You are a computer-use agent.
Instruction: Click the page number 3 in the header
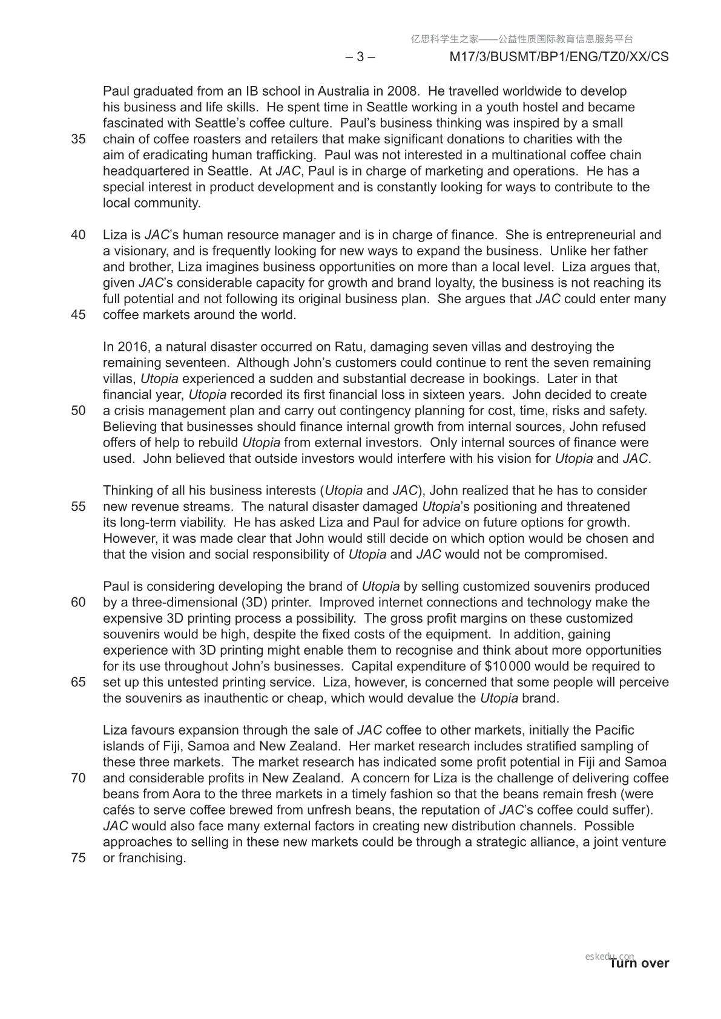pos(360,57)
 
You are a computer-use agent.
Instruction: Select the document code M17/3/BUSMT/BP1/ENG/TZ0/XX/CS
pos(559,57)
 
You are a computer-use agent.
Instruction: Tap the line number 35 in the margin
pos(78,139)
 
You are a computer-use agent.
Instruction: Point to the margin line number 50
pos(78,411)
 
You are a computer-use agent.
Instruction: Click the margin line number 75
pos(78,858)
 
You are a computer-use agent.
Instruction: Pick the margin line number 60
pos(78,603)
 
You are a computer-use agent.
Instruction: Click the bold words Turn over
pos(639,963)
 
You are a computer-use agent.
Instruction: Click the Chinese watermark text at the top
pos(522,39)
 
